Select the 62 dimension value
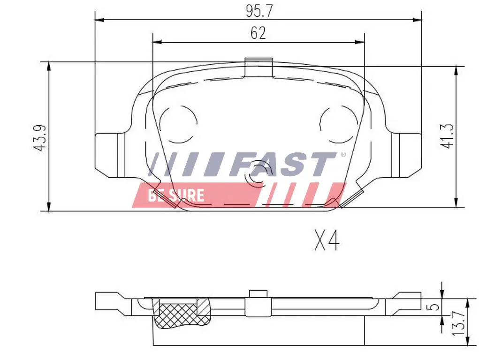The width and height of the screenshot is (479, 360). coord(258,33)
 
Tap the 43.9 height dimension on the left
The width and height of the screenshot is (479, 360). coord(40,137)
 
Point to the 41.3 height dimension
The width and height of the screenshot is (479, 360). coord(448,136)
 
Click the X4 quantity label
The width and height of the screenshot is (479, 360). coord(327,241)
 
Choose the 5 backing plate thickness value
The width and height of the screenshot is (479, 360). coord(435,307)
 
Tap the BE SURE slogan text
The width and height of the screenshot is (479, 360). coord(176,195)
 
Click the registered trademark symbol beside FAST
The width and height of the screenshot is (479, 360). coord(343,155)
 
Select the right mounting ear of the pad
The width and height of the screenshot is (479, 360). coord(406,155)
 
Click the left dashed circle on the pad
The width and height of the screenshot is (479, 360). coord(178,124)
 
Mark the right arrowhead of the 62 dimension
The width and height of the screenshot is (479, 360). coord(360,42)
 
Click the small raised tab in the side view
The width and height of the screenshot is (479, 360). coord(259,293)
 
